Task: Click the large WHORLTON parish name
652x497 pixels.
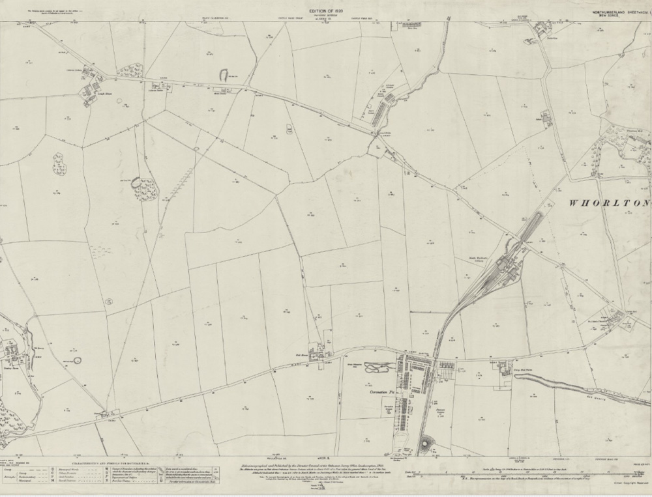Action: (x=610, y=203)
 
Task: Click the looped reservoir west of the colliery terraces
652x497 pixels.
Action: (x=376, y=369)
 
